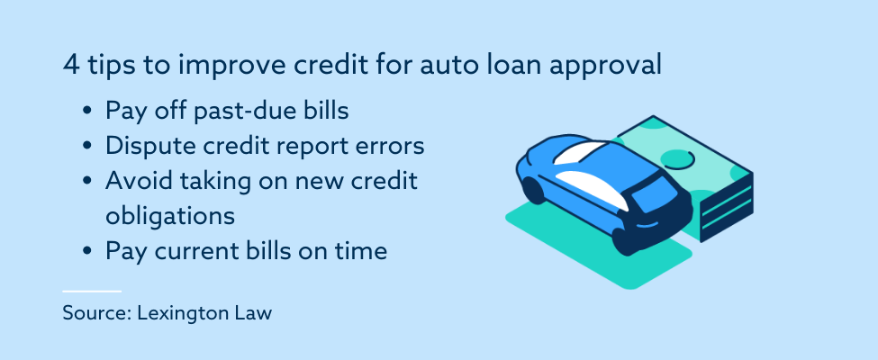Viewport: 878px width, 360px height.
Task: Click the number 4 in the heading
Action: click(x=70, y=66)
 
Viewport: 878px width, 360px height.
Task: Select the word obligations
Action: click(x=170, y=216)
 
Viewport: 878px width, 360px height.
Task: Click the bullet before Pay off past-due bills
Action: click(x=86, y=112)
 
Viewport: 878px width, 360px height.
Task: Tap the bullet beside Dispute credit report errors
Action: click(x=86, y=147)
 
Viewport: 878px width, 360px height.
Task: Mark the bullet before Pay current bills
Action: click(x=86, y=251)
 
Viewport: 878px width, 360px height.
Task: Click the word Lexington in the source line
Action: click(x=179, y=313)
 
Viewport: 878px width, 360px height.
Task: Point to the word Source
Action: click(x=95, y=312)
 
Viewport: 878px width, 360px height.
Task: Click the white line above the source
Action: click(x=92, y=291)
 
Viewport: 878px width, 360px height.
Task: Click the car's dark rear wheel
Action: click(x=534, y=189)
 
